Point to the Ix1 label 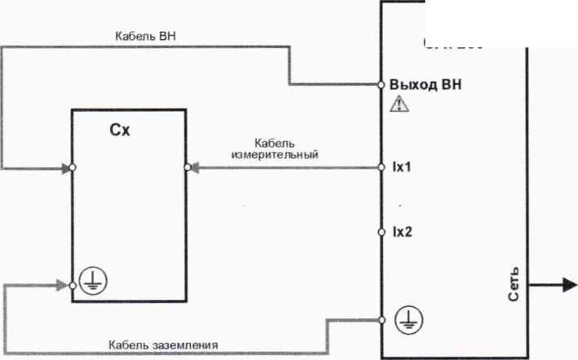(402, 167)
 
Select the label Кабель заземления (163, 344)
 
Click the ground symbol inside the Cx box (93, 281)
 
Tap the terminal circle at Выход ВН (381, 84)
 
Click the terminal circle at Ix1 (381, 167)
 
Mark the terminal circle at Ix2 (381, 233)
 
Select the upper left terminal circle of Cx (72, 167)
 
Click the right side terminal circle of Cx (187, 167)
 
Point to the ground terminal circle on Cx (72, 286)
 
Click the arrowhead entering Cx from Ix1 (197, 167)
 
